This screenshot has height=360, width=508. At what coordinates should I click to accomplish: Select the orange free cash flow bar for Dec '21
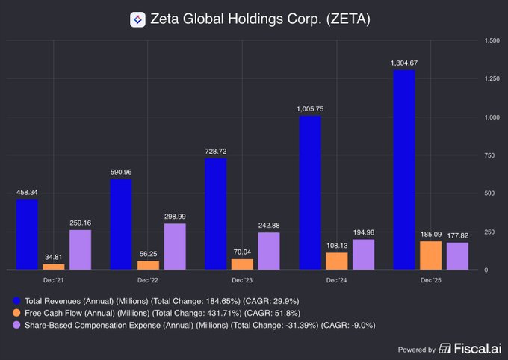tap(54, 266)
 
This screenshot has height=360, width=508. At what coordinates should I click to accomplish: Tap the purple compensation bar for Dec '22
tap(175, 246)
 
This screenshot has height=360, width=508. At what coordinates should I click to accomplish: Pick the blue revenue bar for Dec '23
tap(215, 214)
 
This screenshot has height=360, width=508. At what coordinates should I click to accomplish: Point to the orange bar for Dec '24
tap(337, 261)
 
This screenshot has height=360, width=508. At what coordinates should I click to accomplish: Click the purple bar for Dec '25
tap(457, 255)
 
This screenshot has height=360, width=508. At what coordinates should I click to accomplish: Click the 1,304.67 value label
tap(403, 63)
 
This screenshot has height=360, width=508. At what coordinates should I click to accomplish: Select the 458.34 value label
tap(26, 192)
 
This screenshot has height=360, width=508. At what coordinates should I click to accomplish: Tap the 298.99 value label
tap(175, 217)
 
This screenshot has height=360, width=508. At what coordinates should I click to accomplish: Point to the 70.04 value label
tap(242, 252)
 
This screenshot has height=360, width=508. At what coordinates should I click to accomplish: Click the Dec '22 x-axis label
tap(148, 280)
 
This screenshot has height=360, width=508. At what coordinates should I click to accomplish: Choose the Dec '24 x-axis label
tap(336, 280)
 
